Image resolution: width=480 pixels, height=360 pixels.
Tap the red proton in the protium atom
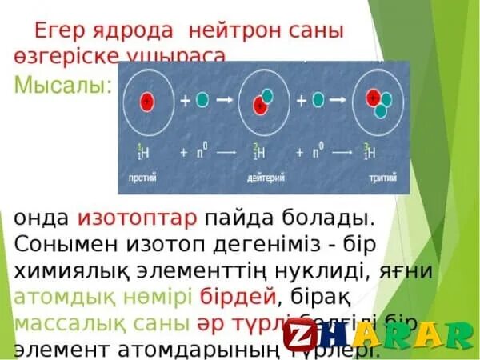[147, 102]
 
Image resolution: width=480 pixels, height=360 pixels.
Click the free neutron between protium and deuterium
[203, 101]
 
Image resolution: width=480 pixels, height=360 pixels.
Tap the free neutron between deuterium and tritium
[319, 101]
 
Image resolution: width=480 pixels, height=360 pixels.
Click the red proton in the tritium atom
[373, 97]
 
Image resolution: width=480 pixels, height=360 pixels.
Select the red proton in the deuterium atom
[259, 104]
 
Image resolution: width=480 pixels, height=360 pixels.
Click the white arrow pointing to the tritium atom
[344, 101]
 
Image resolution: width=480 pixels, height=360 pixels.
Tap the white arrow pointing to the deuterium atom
[228, 101]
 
